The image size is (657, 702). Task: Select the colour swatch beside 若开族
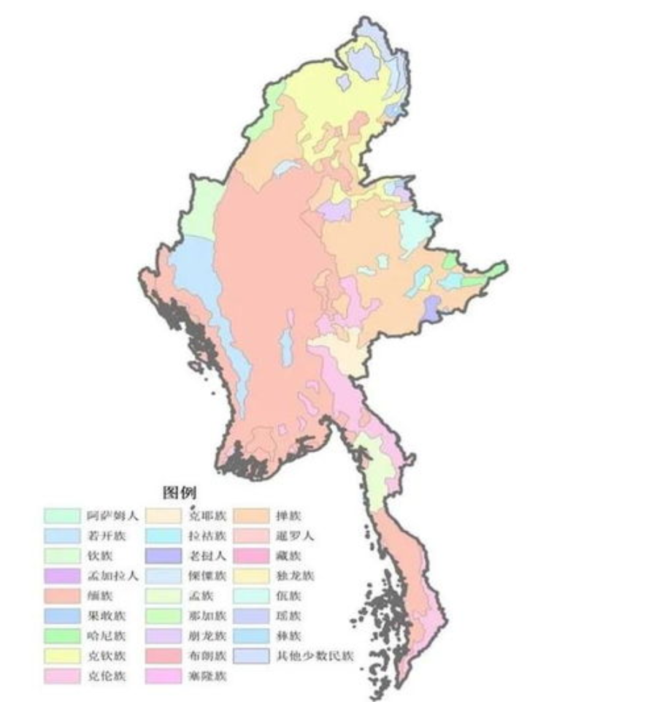tap(61, 536)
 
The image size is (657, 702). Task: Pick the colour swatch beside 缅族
tap(61, 596)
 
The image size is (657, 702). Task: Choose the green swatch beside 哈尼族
tap(61, 636)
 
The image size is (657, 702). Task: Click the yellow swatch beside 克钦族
tap(61, 656)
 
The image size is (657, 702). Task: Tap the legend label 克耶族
tap(207, 516)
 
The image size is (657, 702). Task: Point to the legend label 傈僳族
tap(207, 576)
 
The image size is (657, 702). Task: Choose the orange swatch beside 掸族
tap(252, 516)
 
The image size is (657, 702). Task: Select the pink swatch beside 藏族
tap(252, 556)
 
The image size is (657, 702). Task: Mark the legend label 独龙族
tap(295, 576)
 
